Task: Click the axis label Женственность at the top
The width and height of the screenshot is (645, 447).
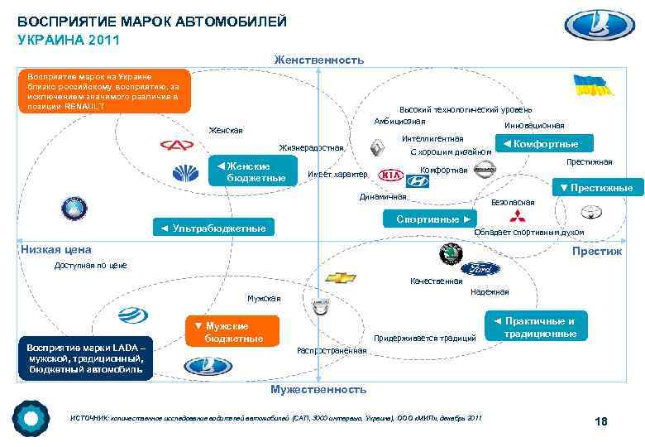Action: click(318, 60)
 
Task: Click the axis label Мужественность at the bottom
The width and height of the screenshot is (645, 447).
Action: click(318, 388)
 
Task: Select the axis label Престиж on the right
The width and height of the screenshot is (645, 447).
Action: click(601, 251)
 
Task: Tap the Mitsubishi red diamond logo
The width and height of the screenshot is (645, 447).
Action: click(516, 218)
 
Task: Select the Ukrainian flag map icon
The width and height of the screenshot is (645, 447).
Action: click(593, 86)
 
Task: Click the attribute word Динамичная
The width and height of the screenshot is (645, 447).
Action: click(383, 197)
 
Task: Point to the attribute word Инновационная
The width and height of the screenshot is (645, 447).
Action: click(533, 126)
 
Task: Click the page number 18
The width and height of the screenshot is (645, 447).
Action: click(601, 422)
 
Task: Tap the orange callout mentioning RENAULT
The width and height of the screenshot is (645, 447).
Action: click(103, 90)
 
